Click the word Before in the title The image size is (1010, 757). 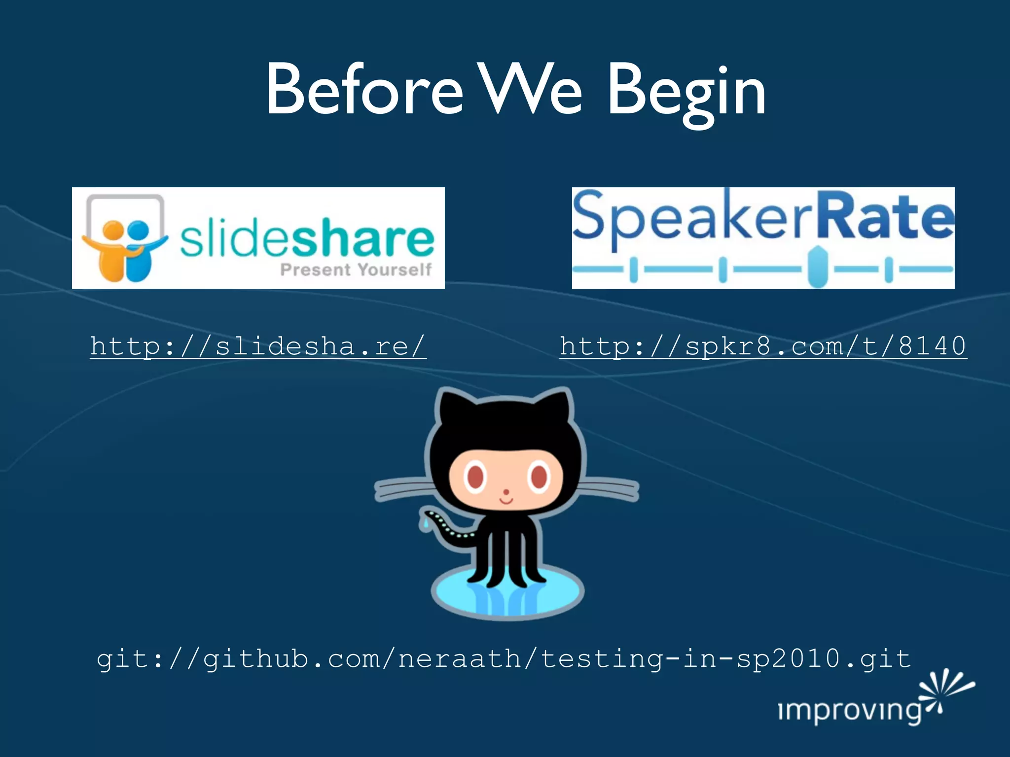(364, 90)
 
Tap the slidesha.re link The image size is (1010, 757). (258, 346)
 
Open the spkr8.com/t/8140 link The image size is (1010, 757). (763, 346)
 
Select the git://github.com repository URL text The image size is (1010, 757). (504, 659)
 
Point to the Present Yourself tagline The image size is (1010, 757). (356, 270)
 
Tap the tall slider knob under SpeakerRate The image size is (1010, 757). (817, 267)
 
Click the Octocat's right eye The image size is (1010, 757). (539, 477)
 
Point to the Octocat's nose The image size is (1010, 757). (506, 492)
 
